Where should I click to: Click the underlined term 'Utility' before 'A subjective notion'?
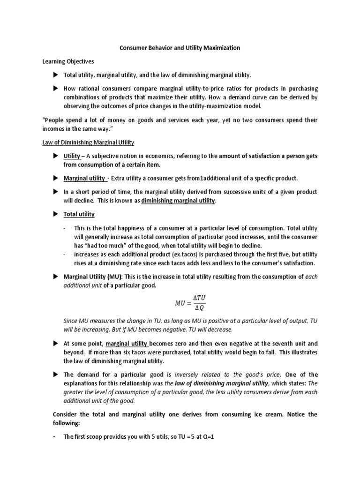[x=72, y=156]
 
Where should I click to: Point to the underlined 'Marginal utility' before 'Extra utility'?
[x=84, y=179]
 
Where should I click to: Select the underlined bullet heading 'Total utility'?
[x=79, y=214]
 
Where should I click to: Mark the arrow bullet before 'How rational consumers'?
[x=55, y=88]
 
